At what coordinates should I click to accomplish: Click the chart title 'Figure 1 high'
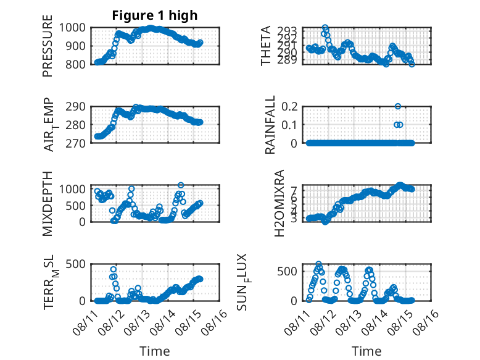[x=155, y=15]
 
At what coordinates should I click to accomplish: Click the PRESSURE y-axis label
[x=48, y=46]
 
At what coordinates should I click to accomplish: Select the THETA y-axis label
[x=266, y=46]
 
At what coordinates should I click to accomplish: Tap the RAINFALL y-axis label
[x=270, y=125]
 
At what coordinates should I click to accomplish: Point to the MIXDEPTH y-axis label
[x=48, y=204]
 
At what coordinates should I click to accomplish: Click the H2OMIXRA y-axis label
[x=279, y=203]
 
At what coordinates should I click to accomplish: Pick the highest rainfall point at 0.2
[x=398, y=106]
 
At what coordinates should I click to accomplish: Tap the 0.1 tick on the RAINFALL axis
[x=289, y=125]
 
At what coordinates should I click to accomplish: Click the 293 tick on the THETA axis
[x=287, y=31]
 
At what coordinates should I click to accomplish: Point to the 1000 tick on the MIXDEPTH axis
[x=72, y=189]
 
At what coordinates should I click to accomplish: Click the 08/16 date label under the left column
[x=215, y=322]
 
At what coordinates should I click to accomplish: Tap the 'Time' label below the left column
[x=155, y=351]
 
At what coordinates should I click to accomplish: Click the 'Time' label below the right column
[x=366, y=351]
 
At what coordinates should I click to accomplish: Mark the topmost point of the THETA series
[x=325, y=28]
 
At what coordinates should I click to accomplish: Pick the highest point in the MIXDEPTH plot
[x=181, y=185]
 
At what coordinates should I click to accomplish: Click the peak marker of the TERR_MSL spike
[x=114, y=269]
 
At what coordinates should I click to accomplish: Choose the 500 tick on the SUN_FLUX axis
[x=287, y=271]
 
